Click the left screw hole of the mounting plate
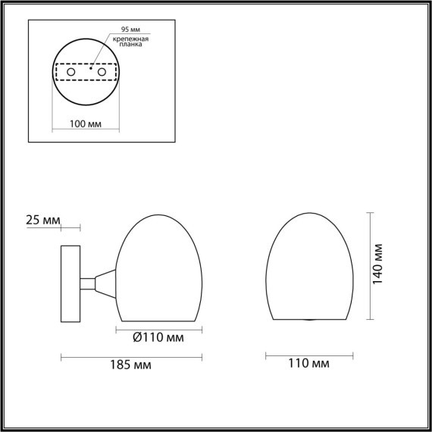(71, 71)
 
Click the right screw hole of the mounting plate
(99, 71)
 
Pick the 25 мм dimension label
(42, 221)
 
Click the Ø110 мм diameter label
(159, 337)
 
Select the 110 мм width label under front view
(309, 365)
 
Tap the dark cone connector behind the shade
(106, 284)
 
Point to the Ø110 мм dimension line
(159, 328)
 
